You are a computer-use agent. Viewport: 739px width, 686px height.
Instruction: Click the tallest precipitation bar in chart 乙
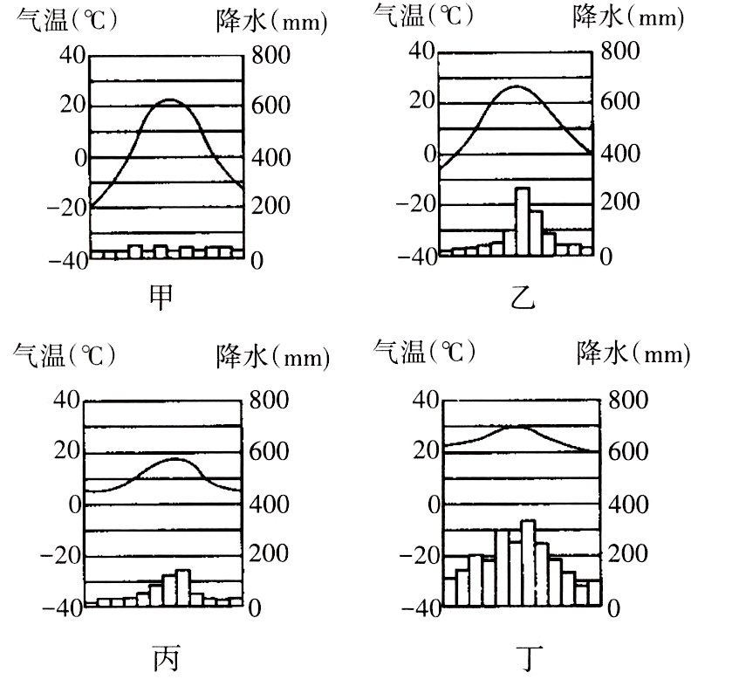pyautogui.click(x=523, y=222)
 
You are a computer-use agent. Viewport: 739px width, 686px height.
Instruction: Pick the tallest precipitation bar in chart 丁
pyautogui.click(x=528, y=563)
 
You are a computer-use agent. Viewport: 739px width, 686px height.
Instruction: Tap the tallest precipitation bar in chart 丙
pyautogui.click(x=181, y=587)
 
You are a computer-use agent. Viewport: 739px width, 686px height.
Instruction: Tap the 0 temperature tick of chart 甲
pyautogui.click(x=80, y=158)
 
